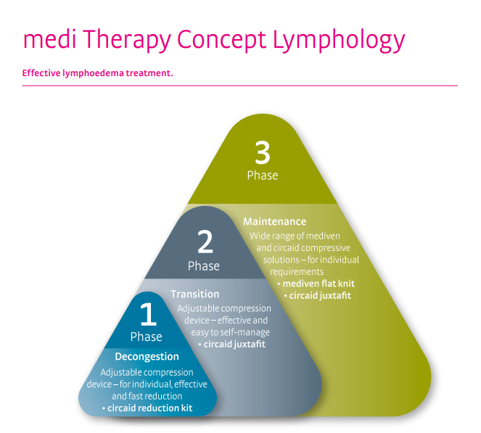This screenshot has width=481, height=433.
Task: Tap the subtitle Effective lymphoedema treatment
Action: click(98, 73)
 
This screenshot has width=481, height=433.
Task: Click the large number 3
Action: click(262, 153)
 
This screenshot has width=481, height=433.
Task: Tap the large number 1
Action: click(147, 315)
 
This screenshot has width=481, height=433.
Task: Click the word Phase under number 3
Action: click(262, 176)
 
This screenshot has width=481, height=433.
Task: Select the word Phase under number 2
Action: click(204, 266)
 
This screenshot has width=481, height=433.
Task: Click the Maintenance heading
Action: click(274, 221)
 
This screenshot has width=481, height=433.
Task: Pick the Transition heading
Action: click(195, 294)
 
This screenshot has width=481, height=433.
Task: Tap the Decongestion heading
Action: click(147, 356)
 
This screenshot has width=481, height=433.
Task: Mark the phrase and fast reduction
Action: click(147, 397)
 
